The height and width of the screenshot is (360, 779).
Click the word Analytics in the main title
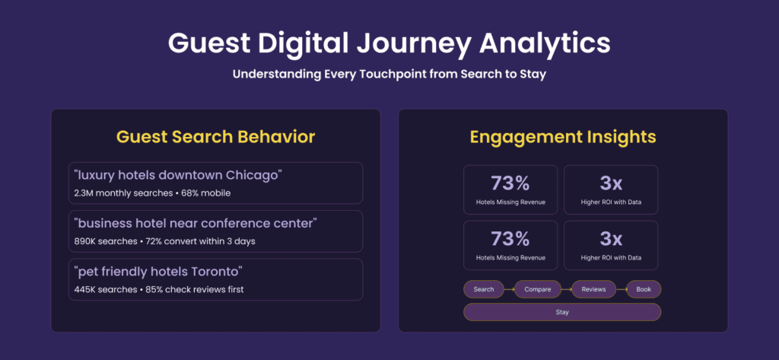[545, 43]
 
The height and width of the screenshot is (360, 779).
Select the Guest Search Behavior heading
[215, 137]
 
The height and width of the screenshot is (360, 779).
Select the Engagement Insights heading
[563, 137]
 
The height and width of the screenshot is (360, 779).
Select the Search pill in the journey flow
[484, 289]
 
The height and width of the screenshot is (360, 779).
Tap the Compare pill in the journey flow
[538, 289]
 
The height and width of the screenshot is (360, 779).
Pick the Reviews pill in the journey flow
[593, 289]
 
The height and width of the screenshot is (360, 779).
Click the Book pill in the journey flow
[644, 289]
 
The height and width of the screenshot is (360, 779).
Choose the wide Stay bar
[562, 312]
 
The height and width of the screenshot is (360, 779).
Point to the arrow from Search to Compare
[509, 289]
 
